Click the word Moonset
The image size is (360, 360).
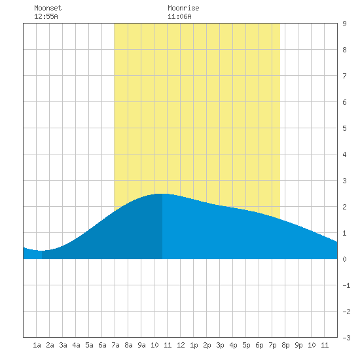click(x=48, y=8)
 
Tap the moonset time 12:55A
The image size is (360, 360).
click(x=46, y=16)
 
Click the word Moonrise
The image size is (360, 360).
click(x=183, y=8)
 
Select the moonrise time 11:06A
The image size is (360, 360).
click(x=179, y=16)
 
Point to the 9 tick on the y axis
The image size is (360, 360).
click(x=344, y=24)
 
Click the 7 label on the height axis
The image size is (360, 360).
click(x=344, y=76)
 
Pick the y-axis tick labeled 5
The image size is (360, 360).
click(x=344, y=128)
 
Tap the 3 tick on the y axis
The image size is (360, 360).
click(x=344, y=181)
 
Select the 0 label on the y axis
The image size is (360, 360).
click(x=344, y=259)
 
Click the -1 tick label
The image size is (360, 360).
click(x=346, y=285)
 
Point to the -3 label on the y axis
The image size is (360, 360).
click(x=346, y=338)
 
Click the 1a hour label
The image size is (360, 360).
click(x=37, y=345)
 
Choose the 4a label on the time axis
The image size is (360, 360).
click(x=76, y=345)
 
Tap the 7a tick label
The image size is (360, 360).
click(x=115, y=345)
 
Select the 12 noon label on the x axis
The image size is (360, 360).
click(x=181, y=345)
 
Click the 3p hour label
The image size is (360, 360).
click(x=220, y=345)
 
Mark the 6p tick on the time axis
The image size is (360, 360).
click(x=259, y=345)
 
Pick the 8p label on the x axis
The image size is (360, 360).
click(x=285, y=345)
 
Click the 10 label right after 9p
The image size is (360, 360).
click(x=312, y=345)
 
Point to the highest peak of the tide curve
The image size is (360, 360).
click(x=162, y=194)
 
